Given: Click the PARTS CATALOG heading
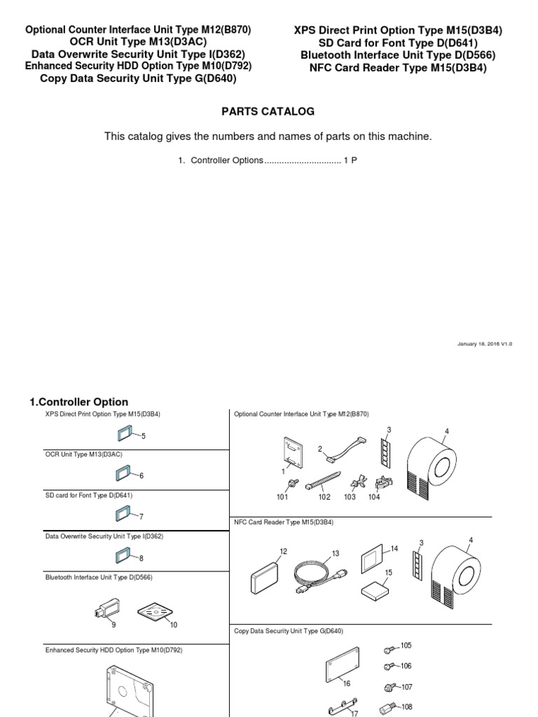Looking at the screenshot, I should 268,111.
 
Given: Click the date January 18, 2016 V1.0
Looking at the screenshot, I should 484,344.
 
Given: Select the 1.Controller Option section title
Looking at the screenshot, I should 78,402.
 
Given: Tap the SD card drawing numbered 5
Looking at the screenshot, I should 127,434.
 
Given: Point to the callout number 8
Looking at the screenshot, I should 141,558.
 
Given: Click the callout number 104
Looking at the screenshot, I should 374,497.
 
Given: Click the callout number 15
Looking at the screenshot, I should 389,572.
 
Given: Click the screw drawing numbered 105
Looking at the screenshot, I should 389,648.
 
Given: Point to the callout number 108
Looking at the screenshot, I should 406,707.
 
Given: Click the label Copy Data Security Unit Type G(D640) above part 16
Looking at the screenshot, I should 289,631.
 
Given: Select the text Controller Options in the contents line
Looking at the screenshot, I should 226,160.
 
